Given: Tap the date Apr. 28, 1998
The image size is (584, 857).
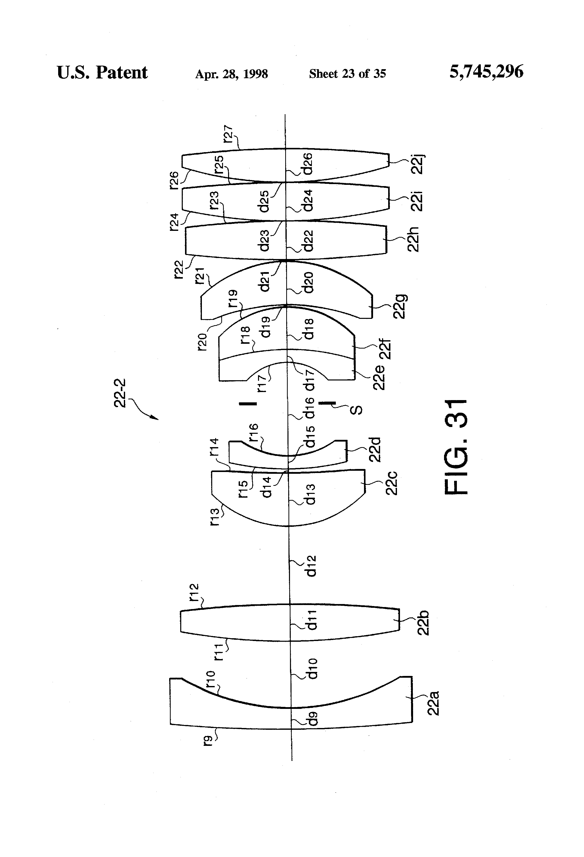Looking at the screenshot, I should (231, 74).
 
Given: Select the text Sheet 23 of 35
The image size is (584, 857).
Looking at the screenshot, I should (347, 74).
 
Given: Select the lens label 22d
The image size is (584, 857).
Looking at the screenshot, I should (375, 450).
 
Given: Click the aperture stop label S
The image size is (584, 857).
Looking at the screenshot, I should (356, 410).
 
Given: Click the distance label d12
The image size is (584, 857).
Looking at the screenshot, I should (311, 566).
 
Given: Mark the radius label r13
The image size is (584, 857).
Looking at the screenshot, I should (215, 516).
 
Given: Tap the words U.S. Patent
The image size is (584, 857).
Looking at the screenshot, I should (102, 73).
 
